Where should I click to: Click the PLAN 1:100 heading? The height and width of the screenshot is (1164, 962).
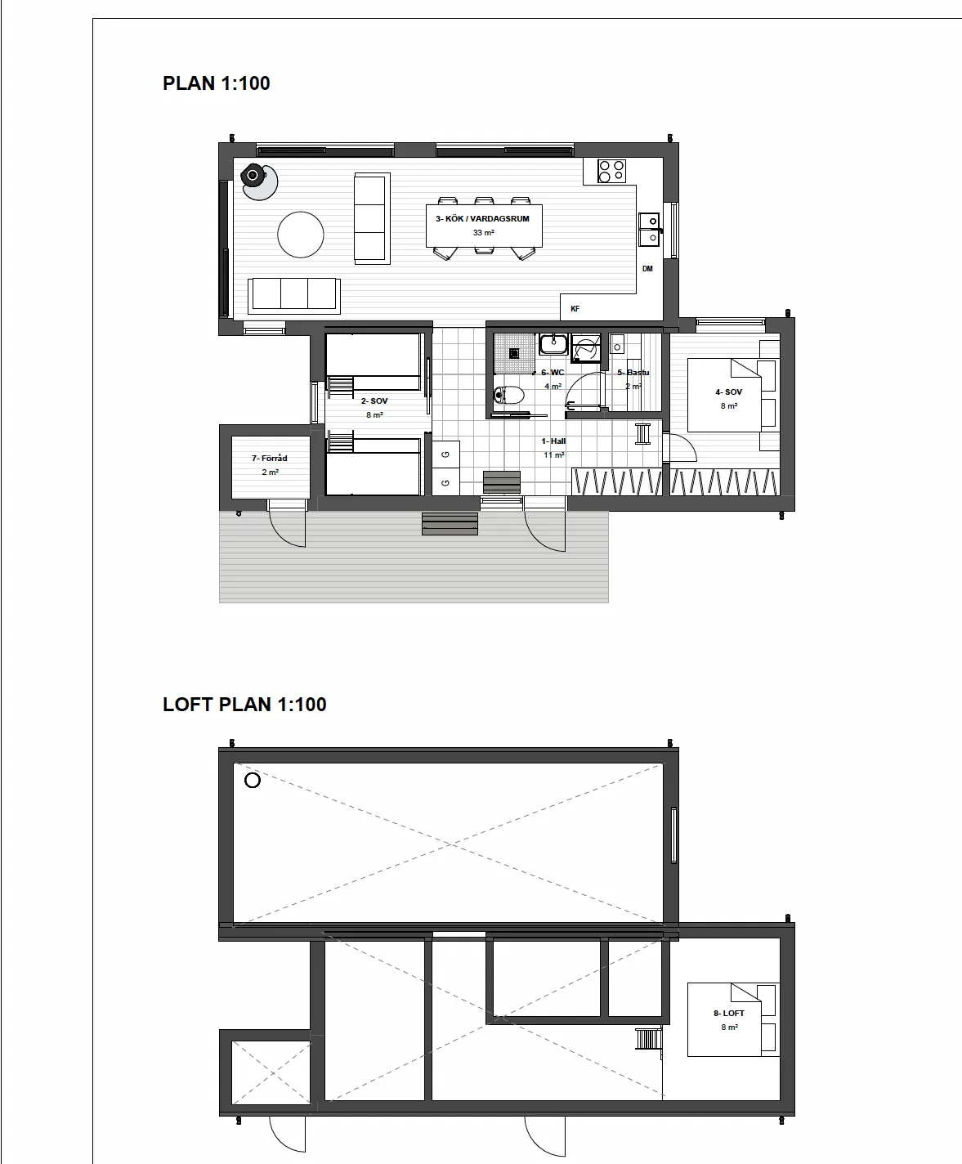(217, 83)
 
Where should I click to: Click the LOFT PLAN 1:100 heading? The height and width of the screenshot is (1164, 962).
(244, 705)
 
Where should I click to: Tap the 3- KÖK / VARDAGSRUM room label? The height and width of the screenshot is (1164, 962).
(483, 219)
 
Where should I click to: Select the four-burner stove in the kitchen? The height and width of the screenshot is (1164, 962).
(611, 171)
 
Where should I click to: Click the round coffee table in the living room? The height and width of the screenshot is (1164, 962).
(301, 235)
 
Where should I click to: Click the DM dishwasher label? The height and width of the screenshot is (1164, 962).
(647, 269)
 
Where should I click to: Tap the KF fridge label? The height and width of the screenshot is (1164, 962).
(575, 309)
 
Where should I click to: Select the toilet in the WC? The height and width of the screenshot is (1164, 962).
(508, 396)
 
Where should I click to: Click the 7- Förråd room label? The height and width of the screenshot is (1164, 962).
(270, 459)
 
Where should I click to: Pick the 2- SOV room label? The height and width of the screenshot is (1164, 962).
(374, 401)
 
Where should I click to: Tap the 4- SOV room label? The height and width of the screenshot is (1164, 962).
(728, 392)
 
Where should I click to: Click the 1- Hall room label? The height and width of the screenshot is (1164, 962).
(553, 441)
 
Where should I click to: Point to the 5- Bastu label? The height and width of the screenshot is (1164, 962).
(633, 373)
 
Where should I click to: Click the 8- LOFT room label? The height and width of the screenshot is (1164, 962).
(728, 1013)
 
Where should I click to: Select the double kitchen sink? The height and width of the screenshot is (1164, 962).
(649, 229)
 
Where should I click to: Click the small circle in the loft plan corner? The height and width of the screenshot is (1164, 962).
(253, 781)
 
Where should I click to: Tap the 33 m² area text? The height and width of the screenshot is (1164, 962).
(483, 233)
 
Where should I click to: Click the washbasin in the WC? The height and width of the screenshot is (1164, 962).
(553, 344)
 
